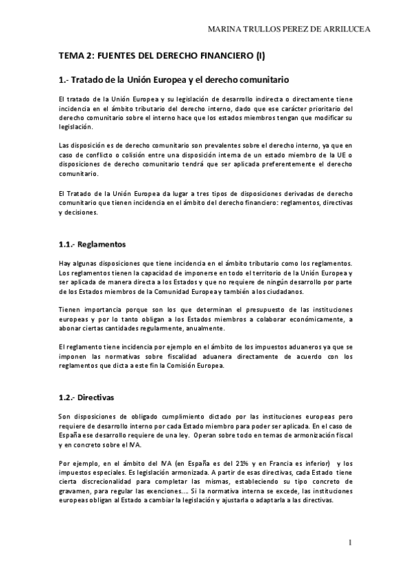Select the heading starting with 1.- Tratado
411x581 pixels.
(x=174, y=79)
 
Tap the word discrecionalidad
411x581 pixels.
(x=109, y=482)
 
